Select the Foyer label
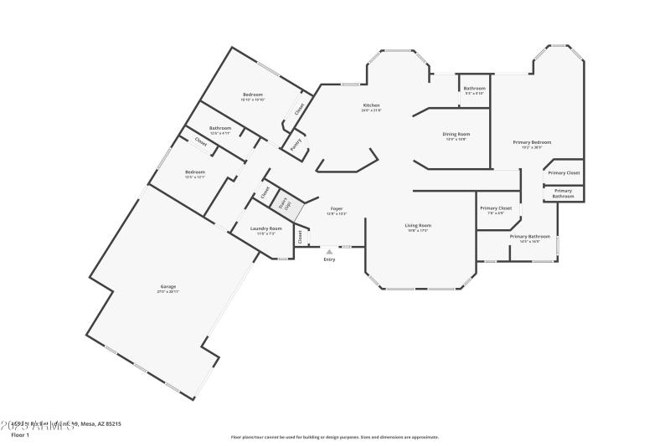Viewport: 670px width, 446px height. (x=336, y=208)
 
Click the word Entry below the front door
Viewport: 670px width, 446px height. (x=329, y=259)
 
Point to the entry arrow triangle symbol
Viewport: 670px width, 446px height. (x=329, y=249)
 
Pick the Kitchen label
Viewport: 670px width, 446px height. (x=371, y=105)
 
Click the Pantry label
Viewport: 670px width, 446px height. (x=296, y=144)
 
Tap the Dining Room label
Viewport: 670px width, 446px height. (x=456, y=134)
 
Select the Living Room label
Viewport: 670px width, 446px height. (x=418, y=225)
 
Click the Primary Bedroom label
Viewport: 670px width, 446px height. (x=532, y=142)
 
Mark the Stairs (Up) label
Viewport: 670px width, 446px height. (x=285, y=203)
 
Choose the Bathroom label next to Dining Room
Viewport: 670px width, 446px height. (x=475, y=88)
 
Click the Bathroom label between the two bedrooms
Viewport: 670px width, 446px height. (x=220, y=128)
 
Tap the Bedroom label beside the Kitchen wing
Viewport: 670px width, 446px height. (x=253, y=94)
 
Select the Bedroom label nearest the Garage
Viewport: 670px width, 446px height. (x=195, y=172)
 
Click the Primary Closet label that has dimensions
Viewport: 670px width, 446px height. (x=495, y=208)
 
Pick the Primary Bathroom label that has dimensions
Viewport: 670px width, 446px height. (x=530, y=236)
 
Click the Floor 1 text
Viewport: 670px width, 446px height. (x=19, y=435)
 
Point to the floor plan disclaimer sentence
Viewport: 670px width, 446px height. (x=334, y=437)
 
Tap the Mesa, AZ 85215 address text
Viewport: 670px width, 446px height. (x=100, y=424)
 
